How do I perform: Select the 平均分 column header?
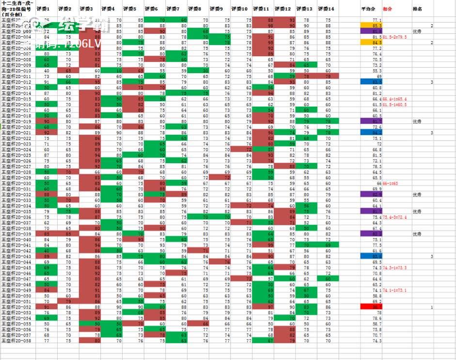point(367,9)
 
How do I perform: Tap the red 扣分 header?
point(388,9)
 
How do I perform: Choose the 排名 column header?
point(417,9)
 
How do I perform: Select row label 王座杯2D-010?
point(16,71)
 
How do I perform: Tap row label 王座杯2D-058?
point(16,341)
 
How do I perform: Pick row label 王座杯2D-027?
point(16,166)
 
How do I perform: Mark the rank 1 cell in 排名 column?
point(431,307)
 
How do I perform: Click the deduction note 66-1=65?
point(391,183)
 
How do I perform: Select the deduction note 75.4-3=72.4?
point(394,217)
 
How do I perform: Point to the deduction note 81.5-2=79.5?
point(394,37)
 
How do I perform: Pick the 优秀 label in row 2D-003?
point(417,31)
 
